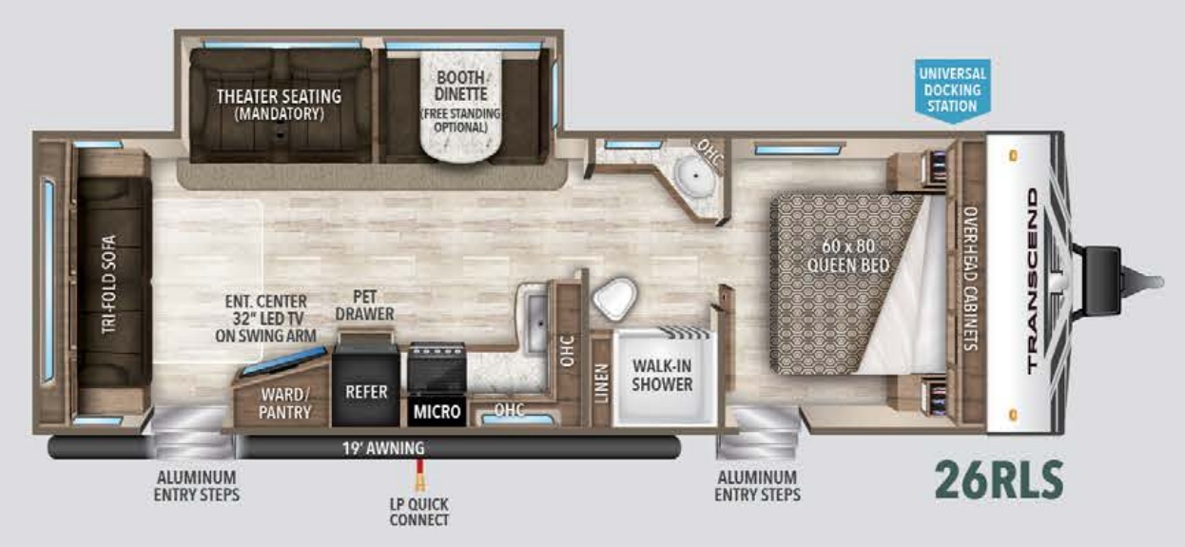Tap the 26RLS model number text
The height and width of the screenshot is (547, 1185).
point(998,479)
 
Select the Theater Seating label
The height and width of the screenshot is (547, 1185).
point(279,104)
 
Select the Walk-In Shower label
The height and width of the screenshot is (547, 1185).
point(662,375)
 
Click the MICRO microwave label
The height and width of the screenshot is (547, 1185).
point(437,412)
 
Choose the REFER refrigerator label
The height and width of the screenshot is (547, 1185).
point(366,391)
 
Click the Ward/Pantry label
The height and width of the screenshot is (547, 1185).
point(284,403)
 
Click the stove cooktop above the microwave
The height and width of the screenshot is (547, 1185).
point(437,365)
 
